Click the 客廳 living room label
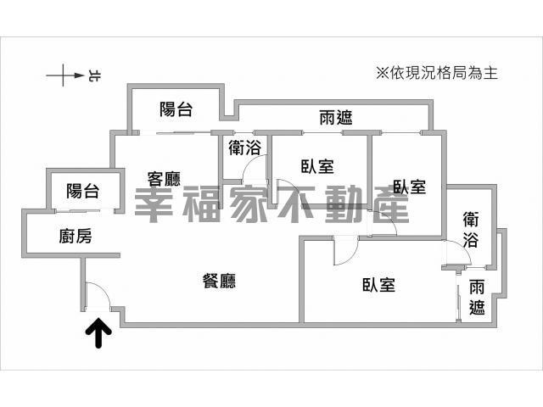tap(165, 179)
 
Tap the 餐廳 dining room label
tap(220, 282)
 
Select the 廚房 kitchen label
tap(76, 237)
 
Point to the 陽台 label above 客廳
tap(176, 109)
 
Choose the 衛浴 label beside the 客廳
tap(244, 147)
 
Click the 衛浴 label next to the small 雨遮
tap(476, 229)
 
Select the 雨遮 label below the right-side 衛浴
tap(478, 298)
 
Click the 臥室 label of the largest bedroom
tap(378, 285)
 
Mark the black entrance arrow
tap(100, 333)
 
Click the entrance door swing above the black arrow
tap(96, 296)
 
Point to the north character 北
tap(92, 77)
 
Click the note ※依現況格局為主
tap(435, 73)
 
